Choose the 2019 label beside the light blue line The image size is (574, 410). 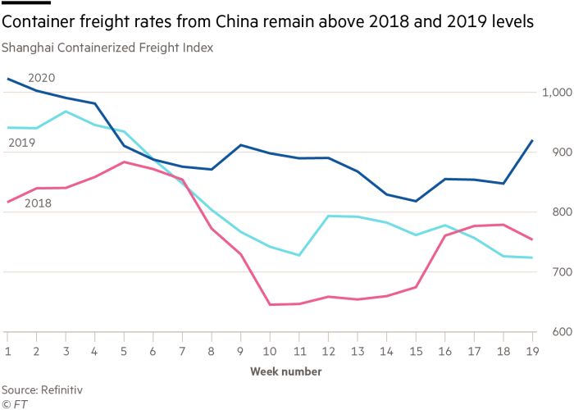20,143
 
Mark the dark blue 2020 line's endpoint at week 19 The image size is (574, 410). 533,140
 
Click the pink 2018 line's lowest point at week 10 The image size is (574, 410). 271,304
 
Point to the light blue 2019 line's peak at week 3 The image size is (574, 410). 66,111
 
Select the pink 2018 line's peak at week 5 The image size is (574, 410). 124,162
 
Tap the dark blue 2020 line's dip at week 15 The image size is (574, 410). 417,201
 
